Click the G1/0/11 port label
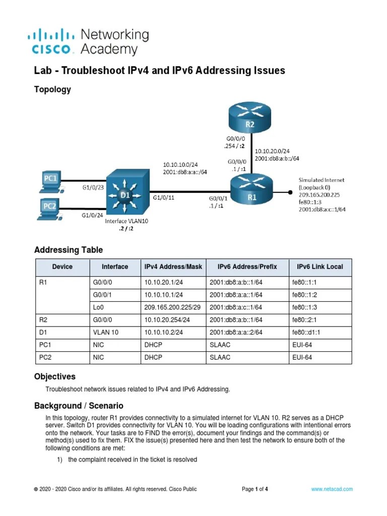click(164, 199)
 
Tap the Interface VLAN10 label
click(127, 221)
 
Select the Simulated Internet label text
click(322, 180)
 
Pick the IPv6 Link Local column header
click(319, 267)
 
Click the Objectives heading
click(54, 376)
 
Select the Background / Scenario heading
click(78, 406)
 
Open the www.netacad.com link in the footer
click(332, 489)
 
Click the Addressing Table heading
click(68, 250)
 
